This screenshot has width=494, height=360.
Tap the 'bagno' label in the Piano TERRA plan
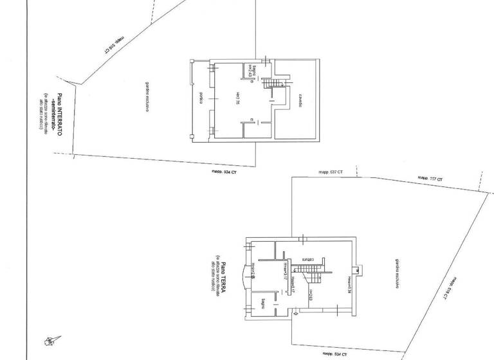click(264, 302)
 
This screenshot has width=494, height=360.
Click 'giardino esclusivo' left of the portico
click(147, 98)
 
